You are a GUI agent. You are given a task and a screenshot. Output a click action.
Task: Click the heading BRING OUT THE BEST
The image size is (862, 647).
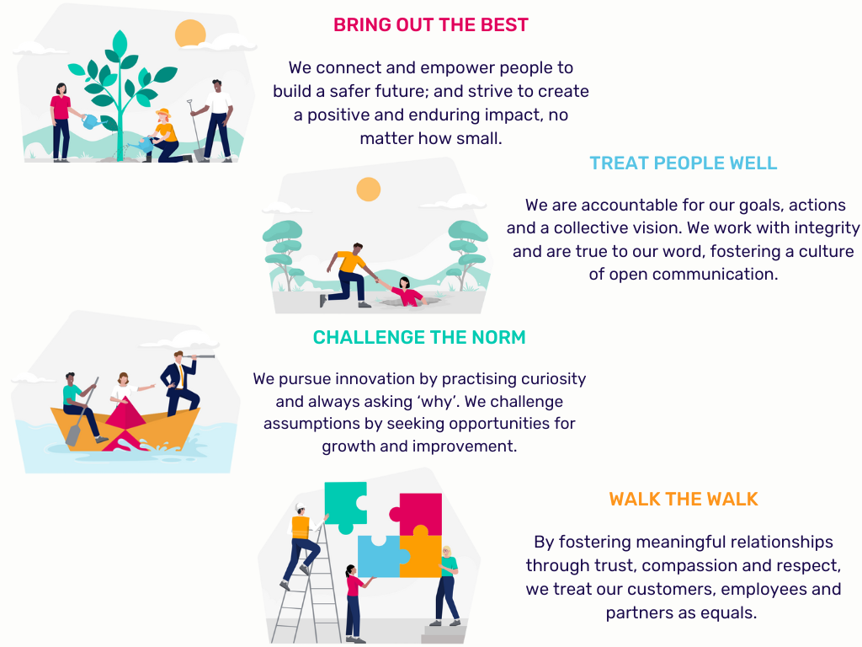(430, 24)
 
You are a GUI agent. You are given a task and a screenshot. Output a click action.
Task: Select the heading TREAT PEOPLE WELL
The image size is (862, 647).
(683, 163)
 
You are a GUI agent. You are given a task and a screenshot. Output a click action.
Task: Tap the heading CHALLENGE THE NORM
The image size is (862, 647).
(418, 338)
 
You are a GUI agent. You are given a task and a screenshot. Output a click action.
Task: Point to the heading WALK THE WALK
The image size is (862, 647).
(684, 499)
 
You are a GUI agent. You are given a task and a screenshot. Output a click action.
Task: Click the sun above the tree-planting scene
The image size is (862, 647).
(190, 34)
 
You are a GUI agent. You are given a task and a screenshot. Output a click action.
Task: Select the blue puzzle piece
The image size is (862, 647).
(380, 556)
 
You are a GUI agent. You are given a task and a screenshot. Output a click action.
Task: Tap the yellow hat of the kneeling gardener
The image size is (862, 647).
(162, 115)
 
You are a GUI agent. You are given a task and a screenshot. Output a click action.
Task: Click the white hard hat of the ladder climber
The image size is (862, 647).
(301, 508)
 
